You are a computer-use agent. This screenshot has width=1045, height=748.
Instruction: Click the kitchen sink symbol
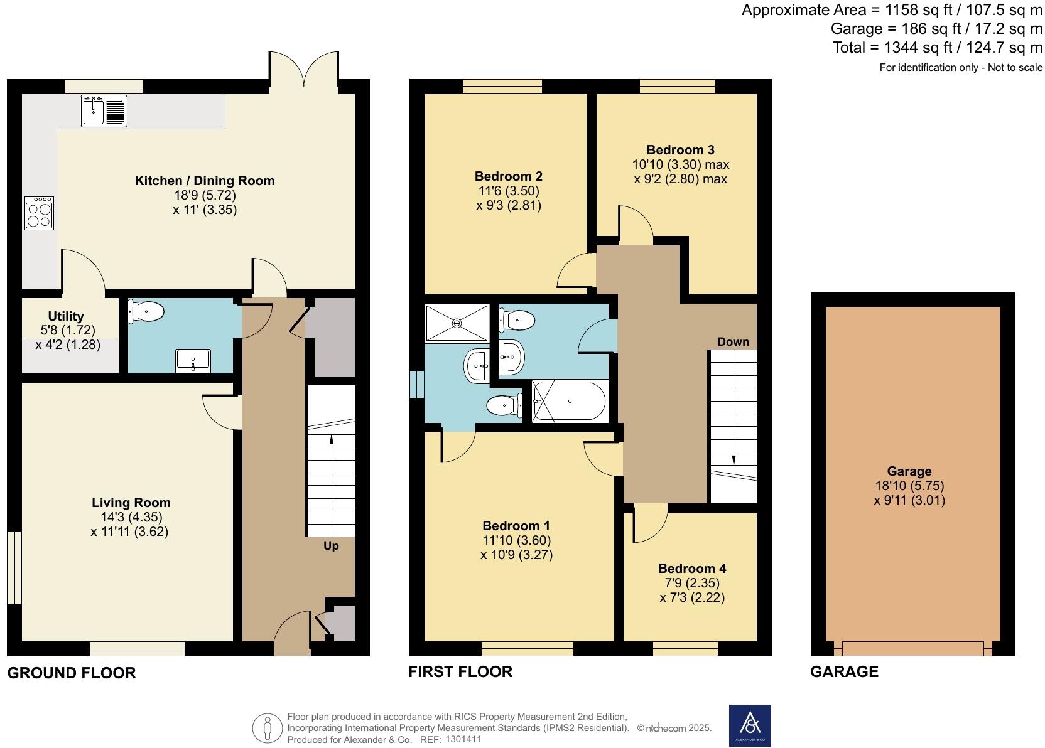[x=104, y=111]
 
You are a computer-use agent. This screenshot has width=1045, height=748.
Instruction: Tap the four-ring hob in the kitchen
[x=39, y=213]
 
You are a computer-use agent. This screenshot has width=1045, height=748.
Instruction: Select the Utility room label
[x=66, y=316]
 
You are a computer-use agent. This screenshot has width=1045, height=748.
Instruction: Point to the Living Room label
[x=131, y=502]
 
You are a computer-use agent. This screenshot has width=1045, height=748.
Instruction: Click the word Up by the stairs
[x=331, y=546]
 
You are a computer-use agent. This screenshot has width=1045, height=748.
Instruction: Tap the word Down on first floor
[x=733, y=342]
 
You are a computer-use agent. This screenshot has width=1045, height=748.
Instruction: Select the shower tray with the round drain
[x=457, y=323]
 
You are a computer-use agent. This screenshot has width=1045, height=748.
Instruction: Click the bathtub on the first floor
[x=569, y=402]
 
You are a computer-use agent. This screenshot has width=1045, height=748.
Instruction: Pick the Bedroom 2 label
[x=508, y=176]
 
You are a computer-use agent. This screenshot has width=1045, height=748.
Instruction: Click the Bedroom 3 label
[x=680, y=150]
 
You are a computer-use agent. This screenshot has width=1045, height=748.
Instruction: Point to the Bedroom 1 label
[x=516, y=526]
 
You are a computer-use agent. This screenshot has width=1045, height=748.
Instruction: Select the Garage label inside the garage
[x=909, y=471]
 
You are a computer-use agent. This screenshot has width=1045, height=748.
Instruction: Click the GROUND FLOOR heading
[x=71, y=673]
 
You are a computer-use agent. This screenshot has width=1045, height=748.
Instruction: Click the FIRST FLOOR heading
[x=460, y=672]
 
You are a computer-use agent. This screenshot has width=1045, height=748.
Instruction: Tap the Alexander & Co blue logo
[x=749, y=725]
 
